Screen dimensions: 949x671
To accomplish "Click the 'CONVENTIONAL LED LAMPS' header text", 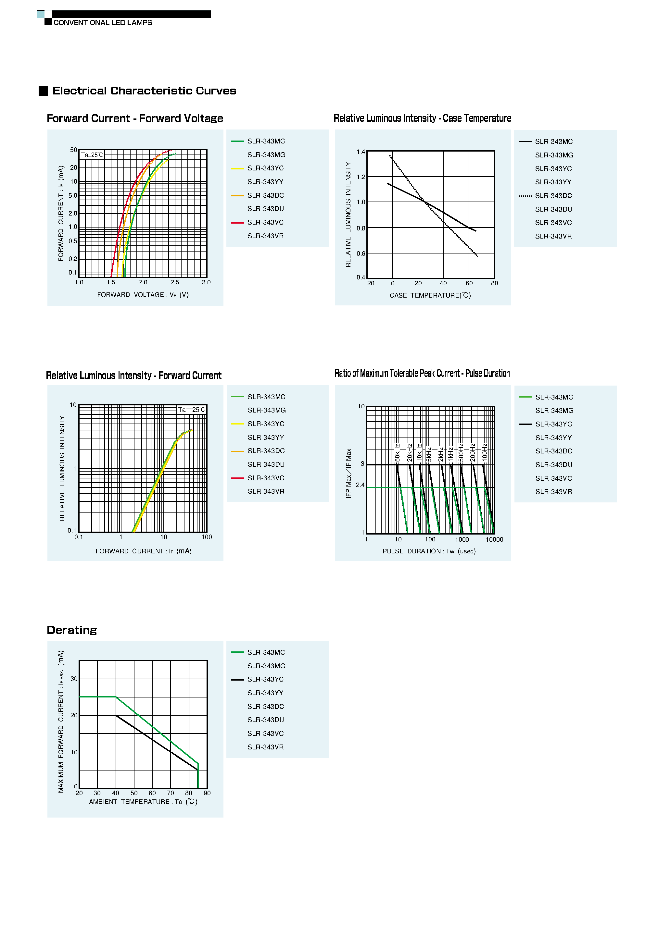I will click(103, 23).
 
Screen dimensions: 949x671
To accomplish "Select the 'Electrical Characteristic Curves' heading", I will click(144, 91).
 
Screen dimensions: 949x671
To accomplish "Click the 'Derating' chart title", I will click(71, 630).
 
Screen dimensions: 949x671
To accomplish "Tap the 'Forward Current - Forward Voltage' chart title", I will click(135, 119).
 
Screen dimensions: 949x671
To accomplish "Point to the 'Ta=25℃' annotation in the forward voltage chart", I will click(92, 155).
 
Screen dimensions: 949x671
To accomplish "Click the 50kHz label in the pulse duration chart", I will click(397, 453).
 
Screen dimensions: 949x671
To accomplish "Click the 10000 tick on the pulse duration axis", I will click(494, 539).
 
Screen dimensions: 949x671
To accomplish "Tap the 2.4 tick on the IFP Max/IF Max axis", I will click(360, 485).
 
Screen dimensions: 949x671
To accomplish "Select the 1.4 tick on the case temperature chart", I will click(361, 152).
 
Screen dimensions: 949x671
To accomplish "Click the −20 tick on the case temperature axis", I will click(368, 283).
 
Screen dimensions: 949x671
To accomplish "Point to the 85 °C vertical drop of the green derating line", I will click(198, 776).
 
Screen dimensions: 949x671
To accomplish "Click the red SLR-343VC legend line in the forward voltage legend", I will click(237, 223).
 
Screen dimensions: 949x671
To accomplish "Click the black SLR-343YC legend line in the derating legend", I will click(237, 680).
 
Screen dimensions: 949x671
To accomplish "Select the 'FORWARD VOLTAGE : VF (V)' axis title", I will click(143, 295).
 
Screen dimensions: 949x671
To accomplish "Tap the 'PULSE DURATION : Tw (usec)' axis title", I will click(429, 551).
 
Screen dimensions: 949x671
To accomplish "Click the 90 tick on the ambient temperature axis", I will click(207, 793).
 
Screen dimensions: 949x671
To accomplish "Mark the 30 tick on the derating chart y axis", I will click(74, 679).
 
